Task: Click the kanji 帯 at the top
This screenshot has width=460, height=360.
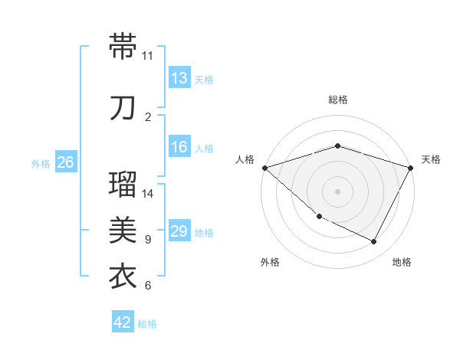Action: [x=123, y=46]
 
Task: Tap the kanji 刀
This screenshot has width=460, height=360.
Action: [x=123, y=108]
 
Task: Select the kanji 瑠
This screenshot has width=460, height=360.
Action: [x=123, y=185]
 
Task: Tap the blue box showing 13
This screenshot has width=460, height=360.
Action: [x=179, y=79]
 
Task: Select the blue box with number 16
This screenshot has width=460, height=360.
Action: [x=179, y=148]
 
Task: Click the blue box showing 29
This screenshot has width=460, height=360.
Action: [x=179, y=232]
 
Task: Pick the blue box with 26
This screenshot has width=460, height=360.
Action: [x=66, y=162]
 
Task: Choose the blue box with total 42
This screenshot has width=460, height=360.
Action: [x=123, y=322]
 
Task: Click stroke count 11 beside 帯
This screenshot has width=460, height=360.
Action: [x=147, y=56]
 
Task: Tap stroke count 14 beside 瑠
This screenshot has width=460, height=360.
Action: [x=148, y=194]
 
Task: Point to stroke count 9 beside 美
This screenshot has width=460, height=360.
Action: [x=148, y=240]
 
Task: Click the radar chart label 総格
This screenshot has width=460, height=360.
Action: [x=337, y=100]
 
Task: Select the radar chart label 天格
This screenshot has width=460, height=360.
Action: [x=432, y=159]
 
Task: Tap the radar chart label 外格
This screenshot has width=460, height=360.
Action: [x=270, y=263]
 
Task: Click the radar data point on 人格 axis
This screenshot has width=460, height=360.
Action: [x=264, y=168]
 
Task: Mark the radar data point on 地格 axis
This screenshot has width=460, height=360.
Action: [x=374, y=242]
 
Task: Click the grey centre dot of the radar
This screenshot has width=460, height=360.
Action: [x=337, y=191]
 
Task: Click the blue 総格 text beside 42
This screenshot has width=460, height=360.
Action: [x=147, y=324]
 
